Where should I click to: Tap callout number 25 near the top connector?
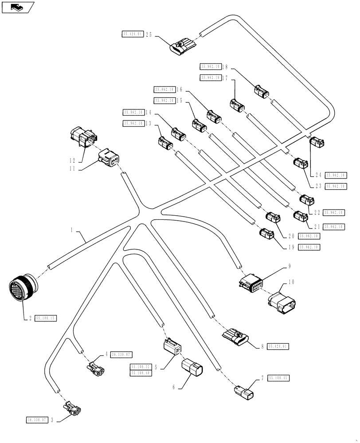[x=149, y=34]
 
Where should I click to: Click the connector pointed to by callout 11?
[x=108, y=158]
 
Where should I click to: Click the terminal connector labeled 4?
[x=96, y=367]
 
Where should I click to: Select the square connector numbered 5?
[x=172, y=346]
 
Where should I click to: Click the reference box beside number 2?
[x=46, y=318]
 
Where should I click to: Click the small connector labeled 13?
[x=165, y=143]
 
